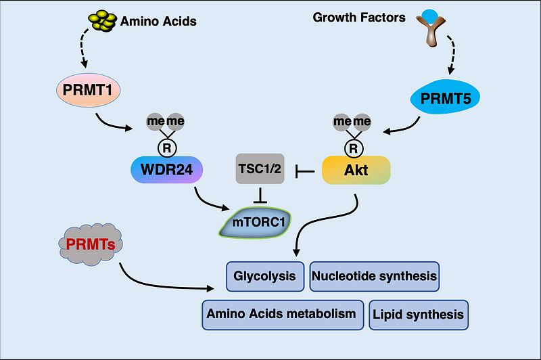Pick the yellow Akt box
click(x=356, y=171)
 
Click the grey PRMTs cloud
click(x=89, y=242)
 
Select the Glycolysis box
click(x=264, y=277)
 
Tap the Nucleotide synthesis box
click(x=374, y=277)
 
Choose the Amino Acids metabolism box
click(x=281, y=315)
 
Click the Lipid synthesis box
click(x=418, y=315)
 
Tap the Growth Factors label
click(x=358, y=18)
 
